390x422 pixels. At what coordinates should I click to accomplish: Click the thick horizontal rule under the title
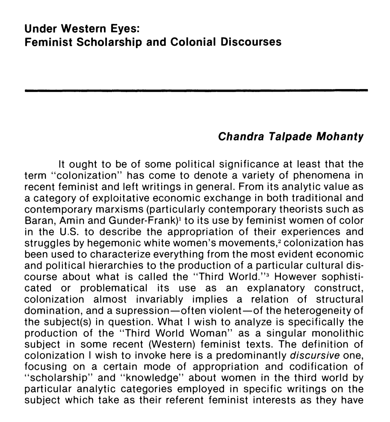pos(196,90)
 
